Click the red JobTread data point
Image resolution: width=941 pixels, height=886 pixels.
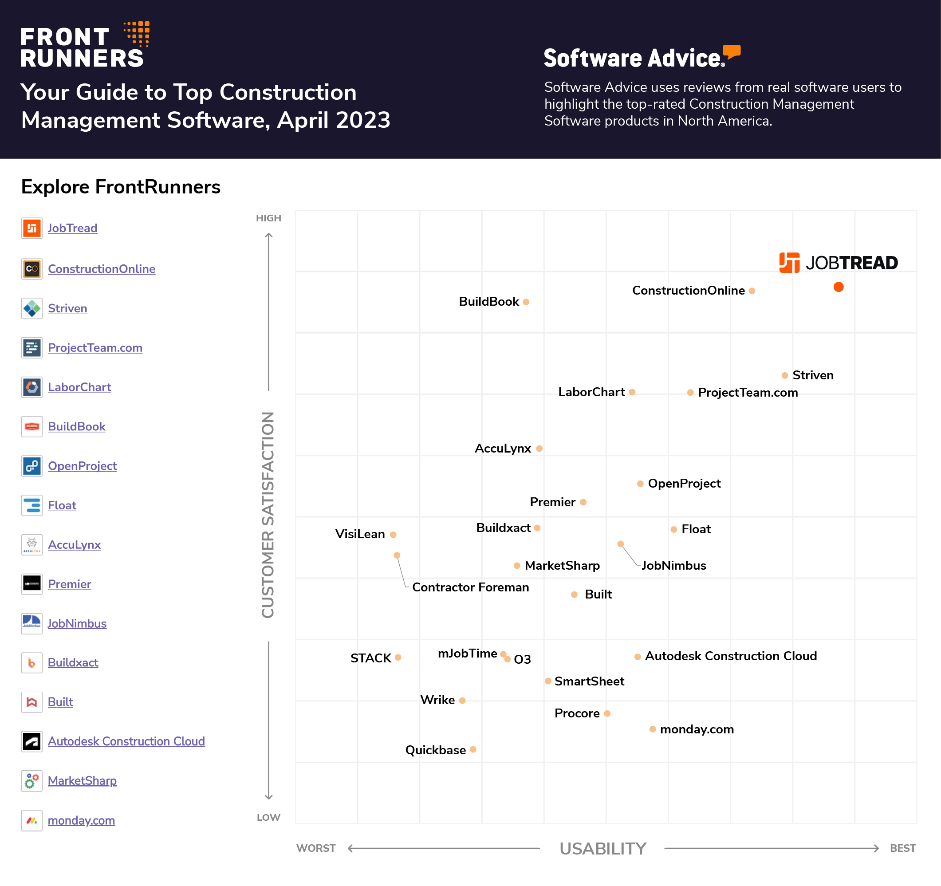(838, 287)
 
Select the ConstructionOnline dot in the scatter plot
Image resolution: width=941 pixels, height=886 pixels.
(752, 291)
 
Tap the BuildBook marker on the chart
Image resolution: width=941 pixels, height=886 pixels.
(526, 302)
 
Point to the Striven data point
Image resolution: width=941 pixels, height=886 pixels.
(784, 375)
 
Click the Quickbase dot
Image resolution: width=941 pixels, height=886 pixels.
(473, 749)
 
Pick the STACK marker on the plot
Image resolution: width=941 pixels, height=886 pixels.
(398, 658)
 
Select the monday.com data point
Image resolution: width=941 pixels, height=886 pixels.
(652, 729)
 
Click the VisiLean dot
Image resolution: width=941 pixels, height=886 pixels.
(393, 535)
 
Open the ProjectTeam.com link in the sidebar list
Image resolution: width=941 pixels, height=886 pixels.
(95, 348)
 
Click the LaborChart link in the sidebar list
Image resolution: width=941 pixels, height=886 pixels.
(79, 387)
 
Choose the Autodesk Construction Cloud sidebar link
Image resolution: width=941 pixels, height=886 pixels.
(126, 741)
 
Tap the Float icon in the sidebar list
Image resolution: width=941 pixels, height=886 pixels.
(31, 505)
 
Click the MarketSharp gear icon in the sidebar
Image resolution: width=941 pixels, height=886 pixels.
(31, 781)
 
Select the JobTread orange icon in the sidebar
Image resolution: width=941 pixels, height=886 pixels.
(31, 228)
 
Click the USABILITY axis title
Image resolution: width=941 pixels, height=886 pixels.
(602, 849)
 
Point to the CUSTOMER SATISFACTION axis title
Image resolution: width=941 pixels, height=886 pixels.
(268, 515)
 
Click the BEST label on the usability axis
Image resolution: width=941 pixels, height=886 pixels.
(903, 848)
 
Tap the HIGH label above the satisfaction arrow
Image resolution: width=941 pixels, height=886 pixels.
(268, 218)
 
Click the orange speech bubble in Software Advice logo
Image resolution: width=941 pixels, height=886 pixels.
(732, 51)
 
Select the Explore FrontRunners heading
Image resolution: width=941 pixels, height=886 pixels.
(121, 187)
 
